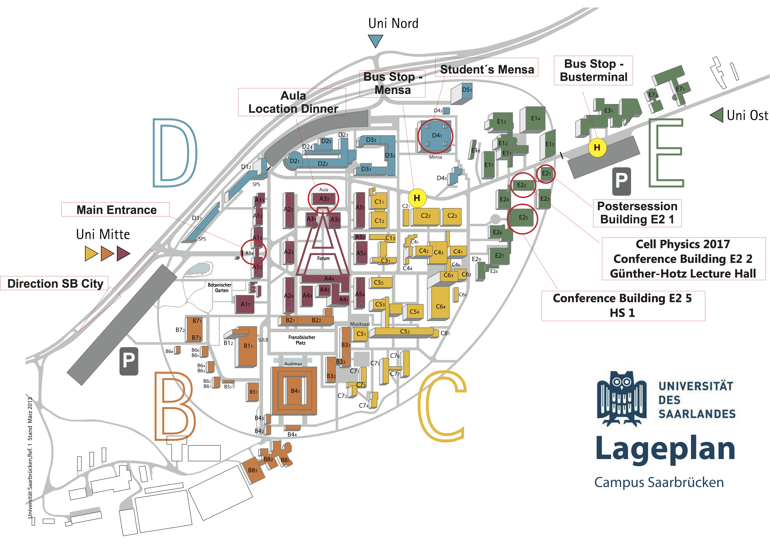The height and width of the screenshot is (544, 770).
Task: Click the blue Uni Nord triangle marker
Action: [375, 41]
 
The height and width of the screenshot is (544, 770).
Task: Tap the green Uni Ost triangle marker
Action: [717, 115]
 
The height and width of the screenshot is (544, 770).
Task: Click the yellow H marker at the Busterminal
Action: [597, 147]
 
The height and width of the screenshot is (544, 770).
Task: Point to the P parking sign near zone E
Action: [621, 181]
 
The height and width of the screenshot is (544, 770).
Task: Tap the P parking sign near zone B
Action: [129, 361]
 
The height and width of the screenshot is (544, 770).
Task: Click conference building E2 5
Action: [523, 218]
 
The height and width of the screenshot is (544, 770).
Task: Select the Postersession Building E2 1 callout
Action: [637, 213]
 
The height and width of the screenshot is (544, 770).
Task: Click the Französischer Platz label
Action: [302, 340]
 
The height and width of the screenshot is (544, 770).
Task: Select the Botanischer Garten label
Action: [220, 288]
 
